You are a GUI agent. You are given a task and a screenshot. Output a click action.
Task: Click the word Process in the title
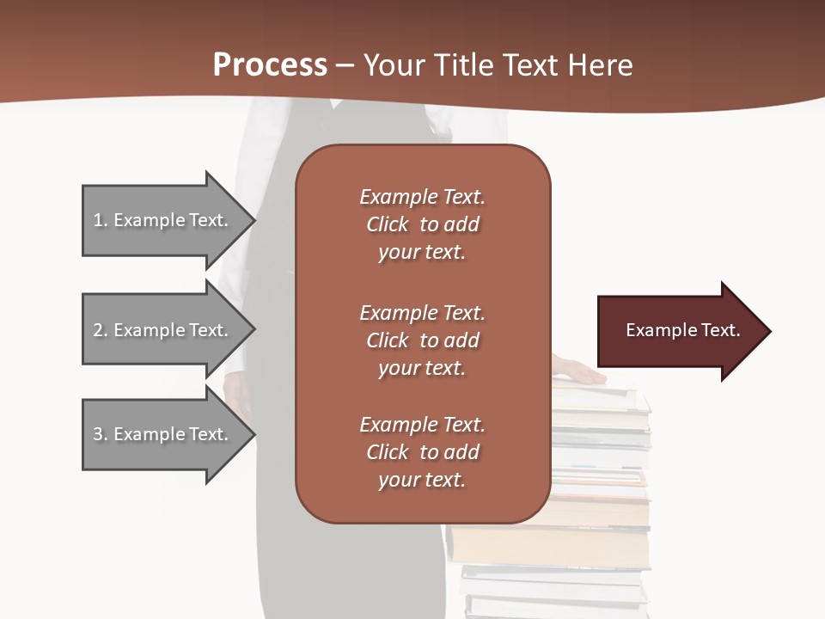pyautogui.click(x=270, y=65)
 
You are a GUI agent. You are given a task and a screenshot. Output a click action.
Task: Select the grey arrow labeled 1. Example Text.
pyautogui.click(x=163, y=220)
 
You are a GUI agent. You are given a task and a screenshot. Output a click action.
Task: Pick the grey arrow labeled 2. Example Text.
pyautogui.click(x=163, y=330)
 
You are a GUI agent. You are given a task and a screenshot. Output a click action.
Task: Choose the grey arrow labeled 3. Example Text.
pyautogui.click(x=163, y=434)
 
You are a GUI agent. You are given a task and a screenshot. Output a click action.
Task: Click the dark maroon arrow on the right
pyautogui.click(x=679, y=331)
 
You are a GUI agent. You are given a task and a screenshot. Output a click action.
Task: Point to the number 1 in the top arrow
pyautogui.click(x=98, y=220)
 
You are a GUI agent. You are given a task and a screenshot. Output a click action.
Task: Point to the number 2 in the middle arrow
pyautogui.click(x=98, y=330)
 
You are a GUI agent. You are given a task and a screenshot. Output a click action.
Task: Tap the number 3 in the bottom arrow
pyautogui.click(x=98, y=434)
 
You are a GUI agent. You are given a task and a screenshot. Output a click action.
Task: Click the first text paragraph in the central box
pyautogui.click(x=422, y=224)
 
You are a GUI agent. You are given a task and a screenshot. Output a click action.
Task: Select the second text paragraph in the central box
pyautogui.click(x=422, y=340)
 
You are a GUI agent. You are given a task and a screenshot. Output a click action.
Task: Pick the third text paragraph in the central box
pyautogui.click(x=422, y=452)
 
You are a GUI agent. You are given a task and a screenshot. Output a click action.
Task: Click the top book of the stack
pyautogui.click(x=602, y=396)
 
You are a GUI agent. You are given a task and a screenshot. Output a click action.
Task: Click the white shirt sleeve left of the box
pyautogui.click(x=258, y=138)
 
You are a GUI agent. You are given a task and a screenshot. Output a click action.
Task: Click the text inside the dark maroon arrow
pyautogui.click(x=682, y=330)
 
